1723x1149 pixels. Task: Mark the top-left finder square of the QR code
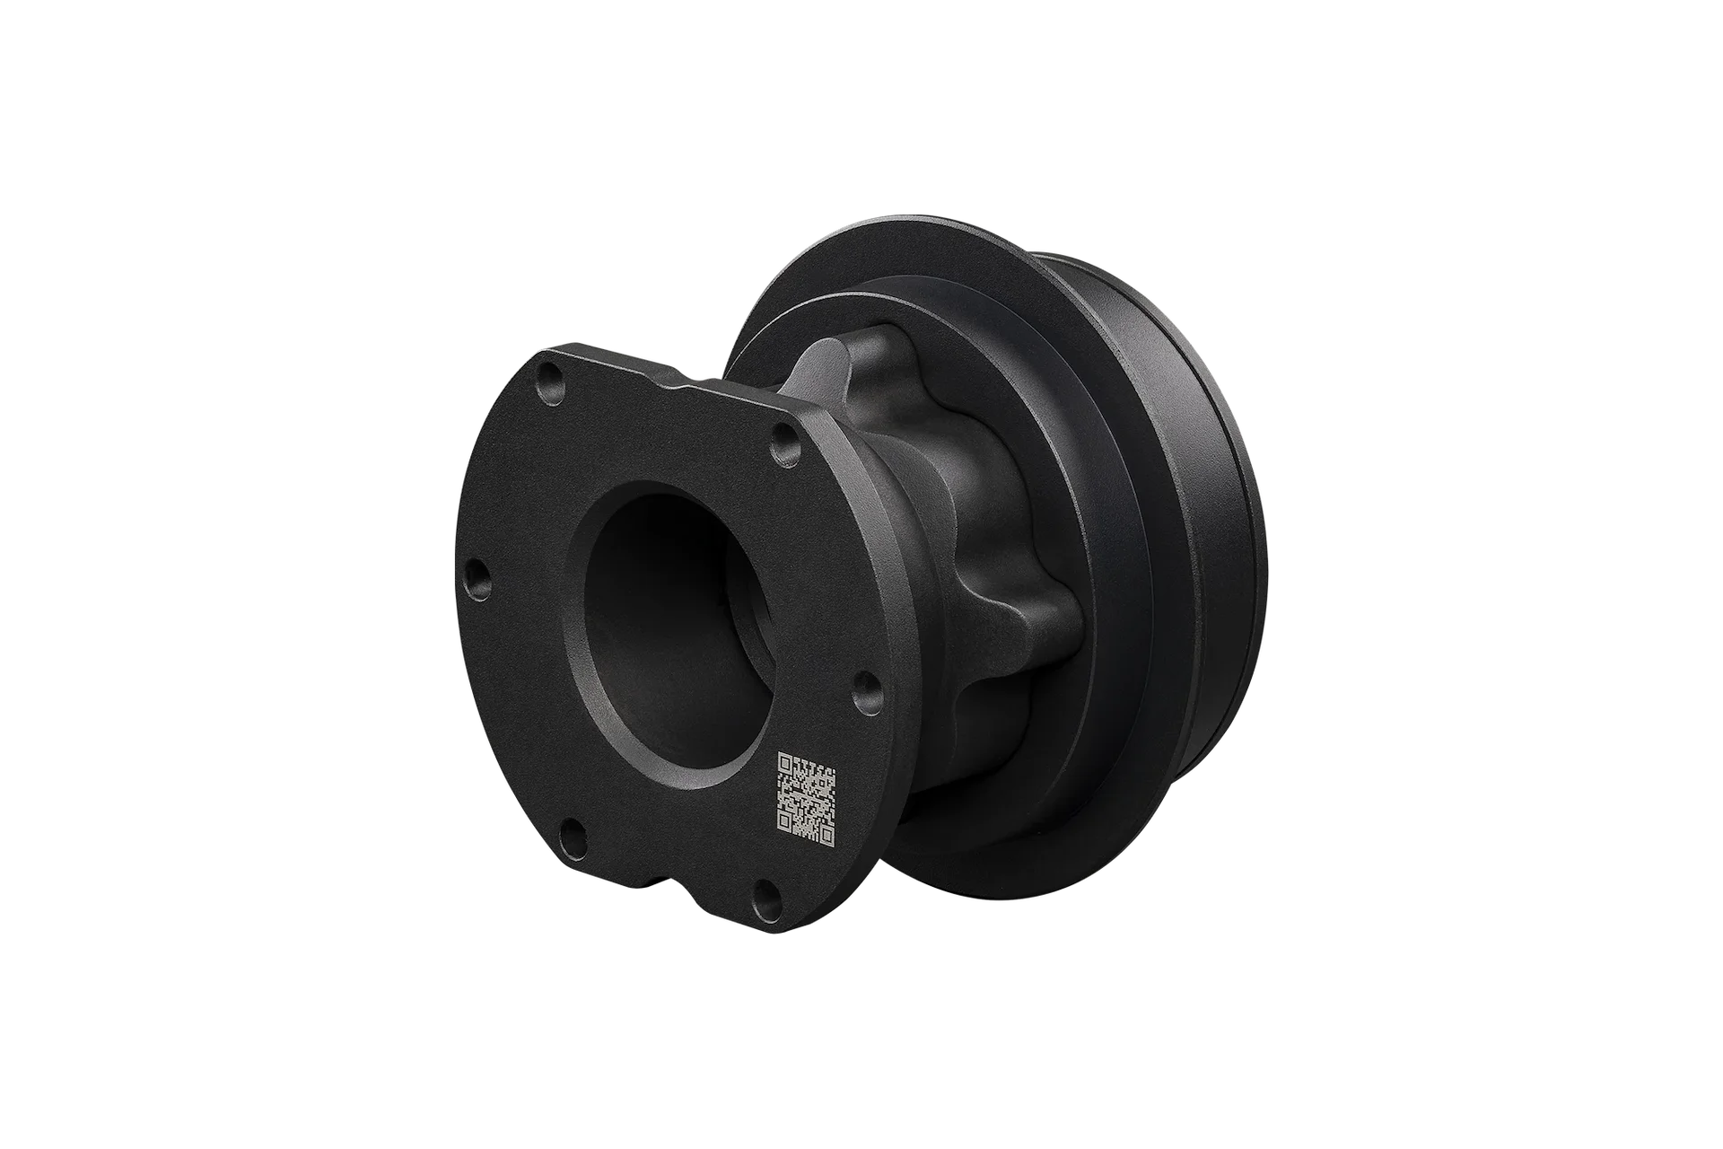pos(784,762)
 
